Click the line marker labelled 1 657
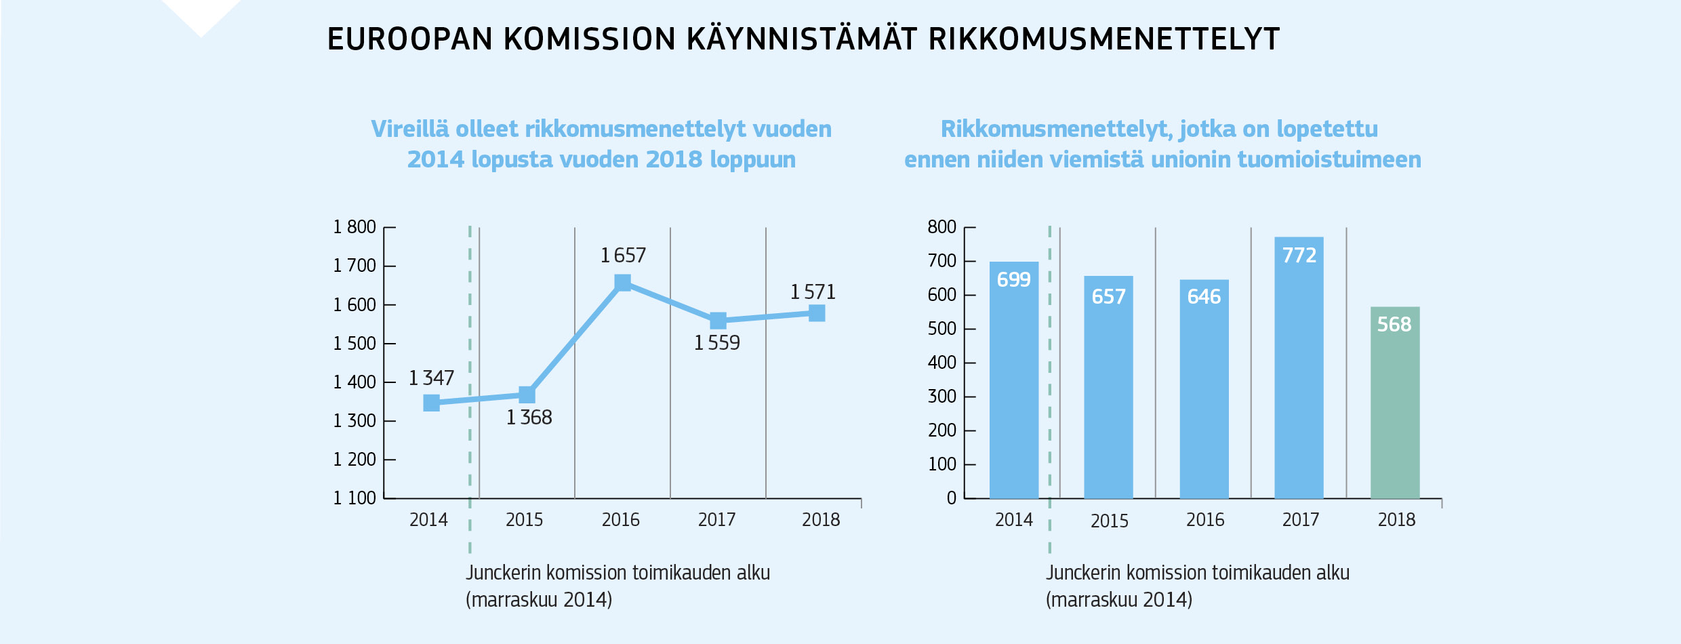(x=622, y=283)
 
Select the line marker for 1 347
(x=431, y=403)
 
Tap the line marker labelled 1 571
(x=817, y=313)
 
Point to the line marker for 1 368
(x=527, y=395)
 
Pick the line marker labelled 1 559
(x=718, y=321)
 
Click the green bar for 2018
(x=1394, y=407)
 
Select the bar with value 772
(x=1299, y=373)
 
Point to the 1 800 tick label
(x=354, y=227)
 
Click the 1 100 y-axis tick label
(x=354, y=498)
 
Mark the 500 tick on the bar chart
(x=941, y=329)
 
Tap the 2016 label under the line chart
(x=620, y=520)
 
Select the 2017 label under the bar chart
(x=1300, y=520)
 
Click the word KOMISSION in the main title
(x=590, y=39)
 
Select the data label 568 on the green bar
(x=1394, y=325)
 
